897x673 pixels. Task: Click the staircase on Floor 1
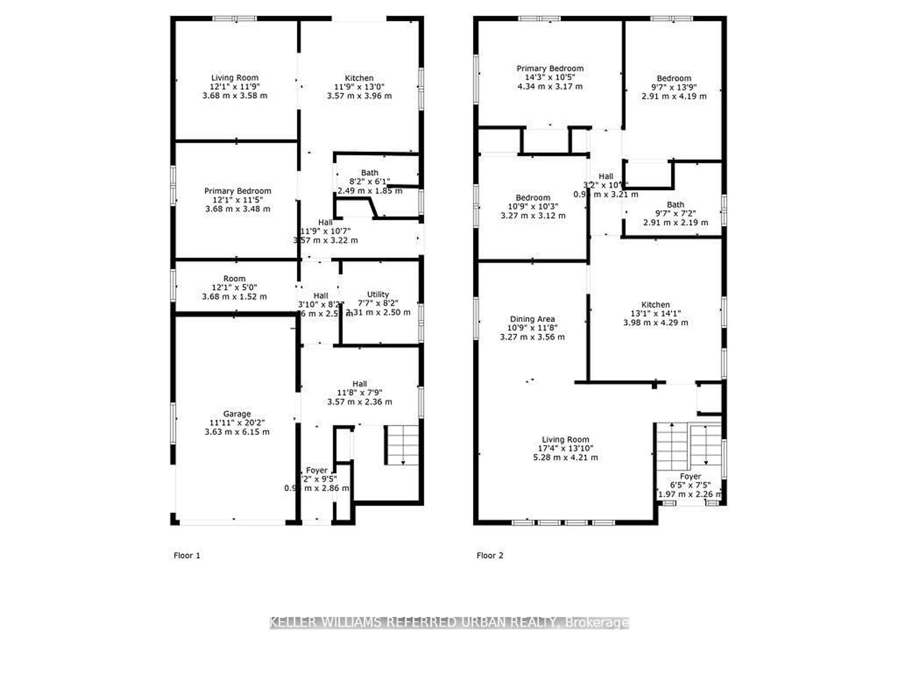coord(402,445)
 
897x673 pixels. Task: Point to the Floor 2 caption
coord(490,555)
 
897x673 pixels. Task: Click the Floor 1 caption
coord(187,555)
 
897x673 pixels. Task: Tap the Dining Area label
coord(532,319)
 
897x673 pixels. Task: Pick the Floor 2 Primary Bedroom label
coord(550,68)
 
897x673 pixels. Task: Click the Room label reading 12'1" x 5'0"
coord(234,279)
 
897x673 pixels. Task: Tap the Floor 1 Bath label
coord(369,173)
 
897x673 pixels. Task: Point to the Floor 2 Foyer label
coord(690,476)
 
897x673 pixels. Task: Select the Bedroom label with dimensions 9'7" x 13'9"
coord(674,78)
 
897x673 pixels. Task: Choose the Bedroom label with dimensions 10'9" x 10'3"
coord(533,198)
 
